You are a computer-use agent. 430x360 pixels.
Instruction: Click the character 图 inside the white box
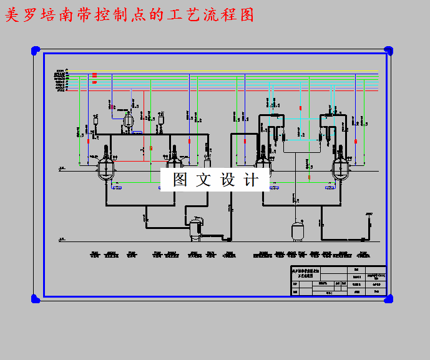tap(180, 180)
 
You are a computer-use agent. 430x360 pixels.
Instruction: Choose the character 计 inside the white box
tap(251, 180)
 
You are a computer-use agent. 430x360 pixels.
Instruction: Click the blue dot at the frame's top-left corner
tap(36, 50)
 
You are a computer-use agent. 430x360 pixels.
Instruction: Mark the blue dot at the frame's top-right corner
tap(388, 50)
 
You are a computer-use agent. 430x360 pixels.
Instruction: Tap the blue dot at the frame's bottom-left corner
tap(36, 299)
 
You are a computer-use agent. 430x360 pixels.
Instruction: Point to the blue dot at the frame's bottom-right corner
tap(388, 299)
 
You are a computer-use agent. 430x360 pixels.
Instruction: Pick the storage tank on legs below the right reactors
tap(298, 230)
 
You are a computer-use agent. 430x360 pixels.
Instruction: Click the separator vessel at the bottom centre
tap(196, 227)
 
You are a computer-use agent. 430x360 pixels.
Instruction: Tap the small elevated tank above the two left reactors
tap(129, 121)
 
